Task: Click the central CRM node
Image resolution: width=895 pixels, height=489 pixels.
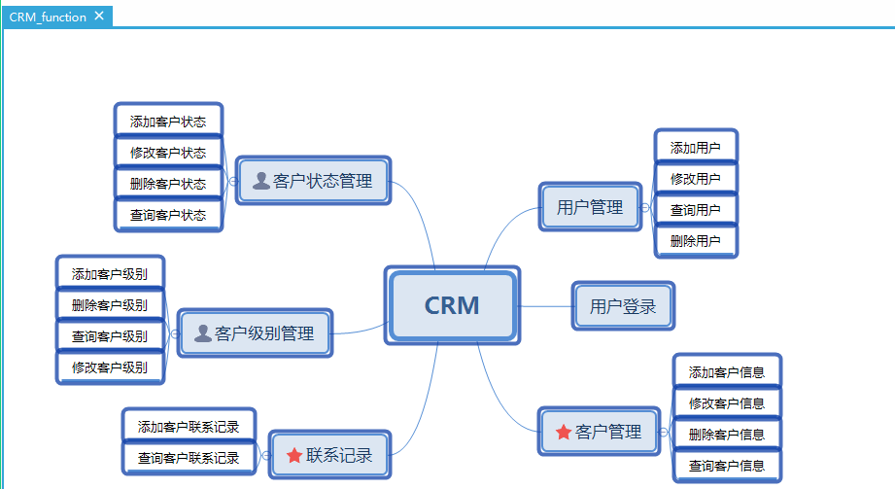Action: (x=452, y=305)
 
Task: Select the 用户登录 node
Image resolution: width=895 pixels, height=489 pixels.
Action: (x=622, y=306)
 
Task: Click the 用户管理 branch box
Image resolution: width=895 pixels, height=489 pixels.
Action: (x=590, y=207)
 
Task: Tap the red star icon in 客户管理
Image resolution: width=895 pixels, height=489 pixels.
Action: (x=563, y=432)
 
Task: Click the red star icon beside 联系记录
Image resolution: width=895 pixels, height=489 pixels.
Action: (x=294, y=455)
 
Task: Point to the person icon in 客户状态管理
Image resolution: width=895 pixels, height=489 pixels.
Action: (x=261, y=180)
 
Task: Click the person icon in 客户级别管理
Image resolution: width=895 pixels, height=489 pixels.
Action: (x=203, y=333)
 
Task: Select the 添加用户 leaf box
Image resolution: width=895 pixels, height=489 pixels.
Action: (x=695, y=148)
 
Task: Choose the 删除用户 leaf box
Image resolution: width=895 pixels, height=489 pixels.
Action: (x=695, y=241)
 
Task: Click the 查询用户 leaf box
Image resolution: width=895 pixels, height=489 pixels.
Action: (x=695, y=210)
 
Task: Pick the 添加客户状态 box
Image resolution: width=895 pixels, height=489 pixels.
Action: (x=168, y=122)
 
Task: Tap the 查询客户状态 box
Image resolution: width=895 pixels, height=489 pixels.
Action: (x=168, y=215)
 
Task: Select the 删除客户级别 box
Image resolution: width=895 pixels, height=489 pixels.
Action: (x=110, y=305)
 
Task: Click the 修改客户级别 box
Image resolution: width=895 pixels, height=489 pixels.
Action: (x=110, y=367)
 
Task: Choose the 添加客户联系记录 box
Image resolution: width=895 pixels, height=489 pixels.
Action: (x=189, y=426)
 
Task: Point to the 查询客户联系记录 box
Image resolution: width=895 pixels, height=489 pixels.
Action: (x=189, y=458)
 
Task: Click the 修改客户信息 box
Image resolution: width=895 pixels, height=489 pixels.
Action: (x=727, y=402)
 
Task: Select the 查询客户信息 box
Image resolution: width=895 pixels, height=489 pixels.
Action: (x=727, y=466)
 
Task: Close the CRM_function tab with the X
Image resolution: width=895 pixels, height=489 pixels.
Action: (x=99, y=17)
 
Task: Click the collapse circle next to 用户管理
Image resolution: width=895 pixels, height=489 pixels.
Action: (x=644, y=207)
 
